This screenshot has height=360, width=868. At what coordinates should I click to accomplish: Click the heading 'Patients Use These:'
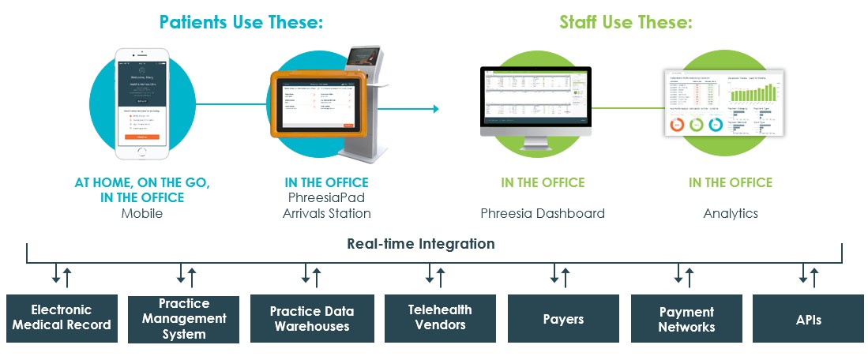tap(241, 22)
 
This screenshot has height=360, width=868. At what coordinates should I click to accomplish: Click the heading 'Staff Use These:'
tap(626, 22)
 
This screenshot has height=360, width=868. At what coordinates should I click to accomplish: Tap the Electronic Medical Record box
tap(62, 317)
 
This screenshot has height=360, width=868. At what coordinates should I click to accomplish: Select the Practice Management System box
tap(183, 319)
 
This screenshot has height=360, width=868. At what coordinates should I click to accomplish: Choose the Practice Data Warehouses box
tap(312, 318)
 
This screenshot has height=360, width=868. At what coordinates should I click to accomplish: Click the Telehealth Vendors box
tap(440, 317)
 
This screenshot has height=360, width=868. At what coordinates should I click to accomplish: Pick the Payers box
tap(563, 319)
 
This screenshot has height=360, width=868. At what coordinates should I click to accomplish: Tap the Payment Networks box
tap(686, 319)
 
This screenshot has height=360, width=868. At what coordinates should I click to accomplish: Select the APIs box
tap(809, 319)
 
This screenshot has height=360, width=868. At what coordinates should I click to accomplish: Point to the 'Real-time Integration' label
tap(421, 244)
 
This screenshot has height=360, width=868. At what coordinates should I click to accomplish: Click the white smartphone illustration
tap(143, 102)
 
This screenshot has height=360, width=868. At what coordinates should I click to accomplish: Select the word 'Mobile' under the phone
tap(142, 213)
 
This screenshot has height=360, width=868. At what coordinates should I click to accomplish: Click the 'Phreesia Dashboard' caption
tap(543, 213)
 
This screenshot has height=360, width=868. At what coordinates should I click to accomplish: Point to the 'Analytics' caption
tap(731, 213)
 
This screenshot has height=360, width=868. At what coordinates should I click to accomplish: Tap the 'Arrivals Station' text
tap(327, 213)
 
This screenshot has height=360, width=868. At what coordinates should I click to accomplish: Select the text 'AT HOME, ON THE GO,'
tap(142, 182)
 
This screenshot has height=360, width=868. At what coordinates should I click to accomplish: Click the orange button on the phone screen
tap(142, 137)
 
